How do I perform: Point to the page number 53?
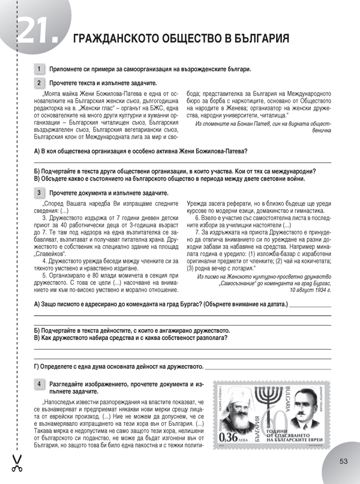[x=343, y=461]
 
